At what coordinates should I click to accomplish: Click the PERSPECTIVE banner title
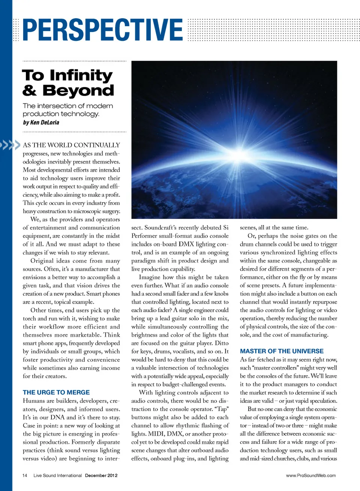[x=102, y=30]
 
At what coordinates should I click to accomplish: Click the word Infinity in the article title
[x=81, y=75]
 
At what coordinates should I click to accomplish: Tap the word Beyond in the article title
[x=78, y=91]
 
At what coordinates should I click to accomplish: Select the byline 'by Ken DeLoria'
[x=41, y=122]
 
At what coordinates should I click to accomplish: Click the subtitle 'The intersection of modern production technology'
[x=67, y=110]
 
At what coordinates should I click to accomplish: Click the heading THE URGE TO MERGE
[x=56, y=392]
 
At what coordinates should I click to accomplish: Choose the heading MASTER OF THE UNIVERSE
[x=282, y=351]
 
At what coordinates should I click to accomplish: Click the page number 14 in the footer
[x=25, y=476]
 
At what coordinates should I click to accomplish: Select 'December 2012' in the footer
[x=101, y=476]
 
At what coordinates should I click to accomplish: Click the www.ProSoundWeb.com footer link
[x=311, y=476]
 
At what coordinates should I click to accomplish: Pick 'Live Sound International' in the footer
[x=57, y=476]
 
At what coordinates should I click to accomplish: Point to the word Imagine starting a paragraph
[x=152, y=277]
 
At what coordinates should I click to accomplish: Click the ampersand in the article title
[x=29, y=91]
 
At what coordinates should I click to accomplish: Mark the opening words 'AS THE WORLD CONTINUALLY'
[x=71, y=145]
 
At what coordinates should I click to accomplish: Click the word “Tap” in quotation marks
[x=221, y=409]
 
